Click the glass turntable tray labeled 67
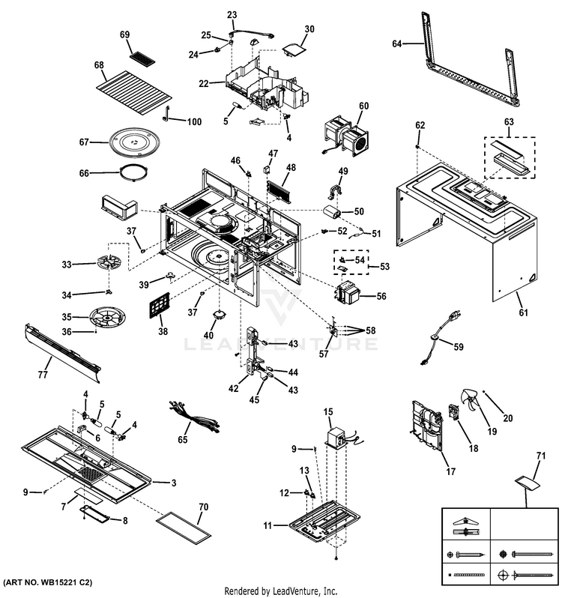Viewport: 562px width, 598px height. (134, 142)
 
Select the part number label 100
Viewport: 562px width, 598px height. (194, 122)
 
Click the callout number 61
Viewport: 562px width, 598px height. (524, 312)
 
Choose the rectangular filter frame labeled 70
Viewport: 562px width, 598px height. (184, 527)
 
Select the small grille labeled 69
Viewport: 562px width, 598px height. (142, 58)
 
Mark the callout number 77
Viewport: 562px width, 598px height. (43, 375)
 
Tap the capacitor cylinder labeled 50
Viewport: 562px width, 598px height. (332, 212)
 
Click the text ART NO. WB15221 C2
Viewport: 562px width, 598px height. (48, 583)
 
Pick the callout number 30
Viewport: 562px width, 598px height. (309, 29)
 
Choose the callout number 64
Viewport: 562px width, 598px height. (397, 44)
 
